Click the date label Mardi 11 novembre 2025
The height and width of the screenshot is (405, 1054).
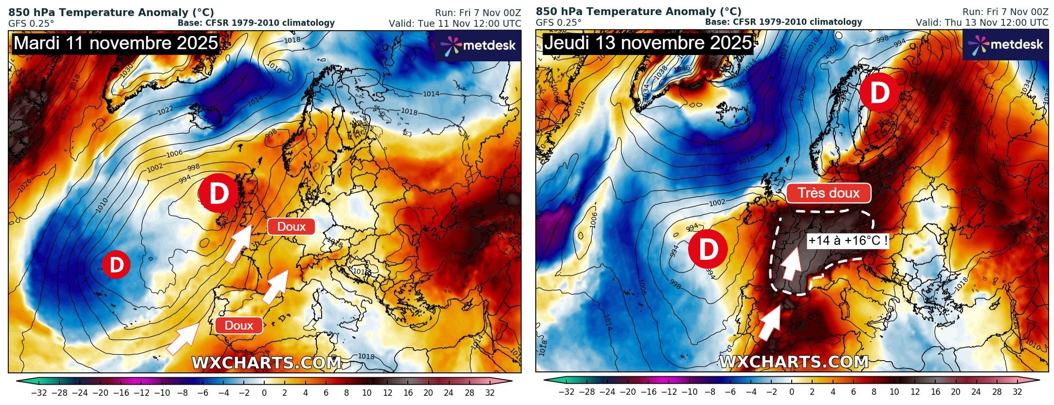click(116, 43)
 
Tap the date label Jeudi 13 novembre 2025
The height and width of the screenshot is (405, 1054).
click(648, 43)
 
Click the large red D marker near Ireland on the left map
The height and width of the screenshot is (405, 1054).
click(218, 193)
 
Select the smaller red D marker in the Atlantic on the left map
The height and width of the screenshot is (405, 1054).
click(116, 265)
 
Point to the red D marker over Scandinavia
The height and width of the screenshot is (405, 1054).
click(879, 92)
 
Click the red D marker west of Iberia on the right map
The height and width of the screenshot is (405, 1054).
click(708, 249)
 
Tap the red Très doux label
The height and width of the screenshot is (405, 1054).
click(828, 193)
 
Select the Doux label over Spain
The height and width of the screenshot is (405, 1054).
click(238, 326)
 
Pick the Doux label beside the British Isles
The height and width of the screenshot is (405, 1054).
click(291, 227)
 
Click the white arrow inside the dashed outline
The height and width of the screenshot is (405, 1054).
click(791, 263)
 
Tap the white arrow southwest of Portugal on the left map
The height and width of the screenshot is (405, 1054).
click(182, 339)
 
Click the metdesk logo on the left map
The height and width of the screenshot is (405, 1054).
click(478, 45)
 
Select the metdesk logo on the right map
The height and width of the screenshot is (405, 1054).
click(1005, 45)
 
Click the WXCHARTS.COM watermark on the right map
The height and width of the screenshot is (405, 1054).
click(794, 362)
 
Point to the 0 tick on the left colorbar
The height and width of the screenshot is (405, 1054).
click(264, 392)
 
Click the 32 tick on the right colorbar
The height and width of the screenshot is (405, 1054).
click(1018, 392)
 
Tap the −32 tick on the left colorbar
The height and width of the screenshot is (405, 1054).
click(39, 392)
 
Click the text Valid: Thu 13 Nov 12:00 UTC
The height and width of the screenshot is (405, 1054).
click(981, 23)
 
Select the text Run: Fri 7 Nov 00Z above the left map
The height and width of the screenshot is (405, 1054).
click(478, 13)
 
